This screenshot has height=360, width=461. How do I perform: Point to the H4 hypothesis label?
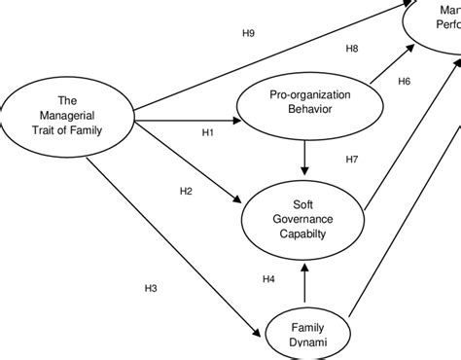269,280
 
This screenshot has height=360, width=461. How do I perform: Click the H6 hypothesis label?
405,81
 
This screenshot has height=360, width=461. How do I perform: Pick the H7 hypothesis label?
353,159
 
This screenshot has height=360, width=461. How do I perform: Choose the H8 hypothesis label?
352,49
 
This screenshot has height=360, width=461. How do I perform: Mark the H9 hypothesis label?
248,34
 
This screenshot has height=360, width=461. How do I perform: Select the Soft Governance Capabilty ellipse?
306,220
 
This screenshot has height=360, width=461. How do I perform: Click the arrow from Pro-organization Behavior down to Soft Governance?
306,155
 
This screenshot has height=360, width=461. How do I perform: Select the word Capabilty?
306,234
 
